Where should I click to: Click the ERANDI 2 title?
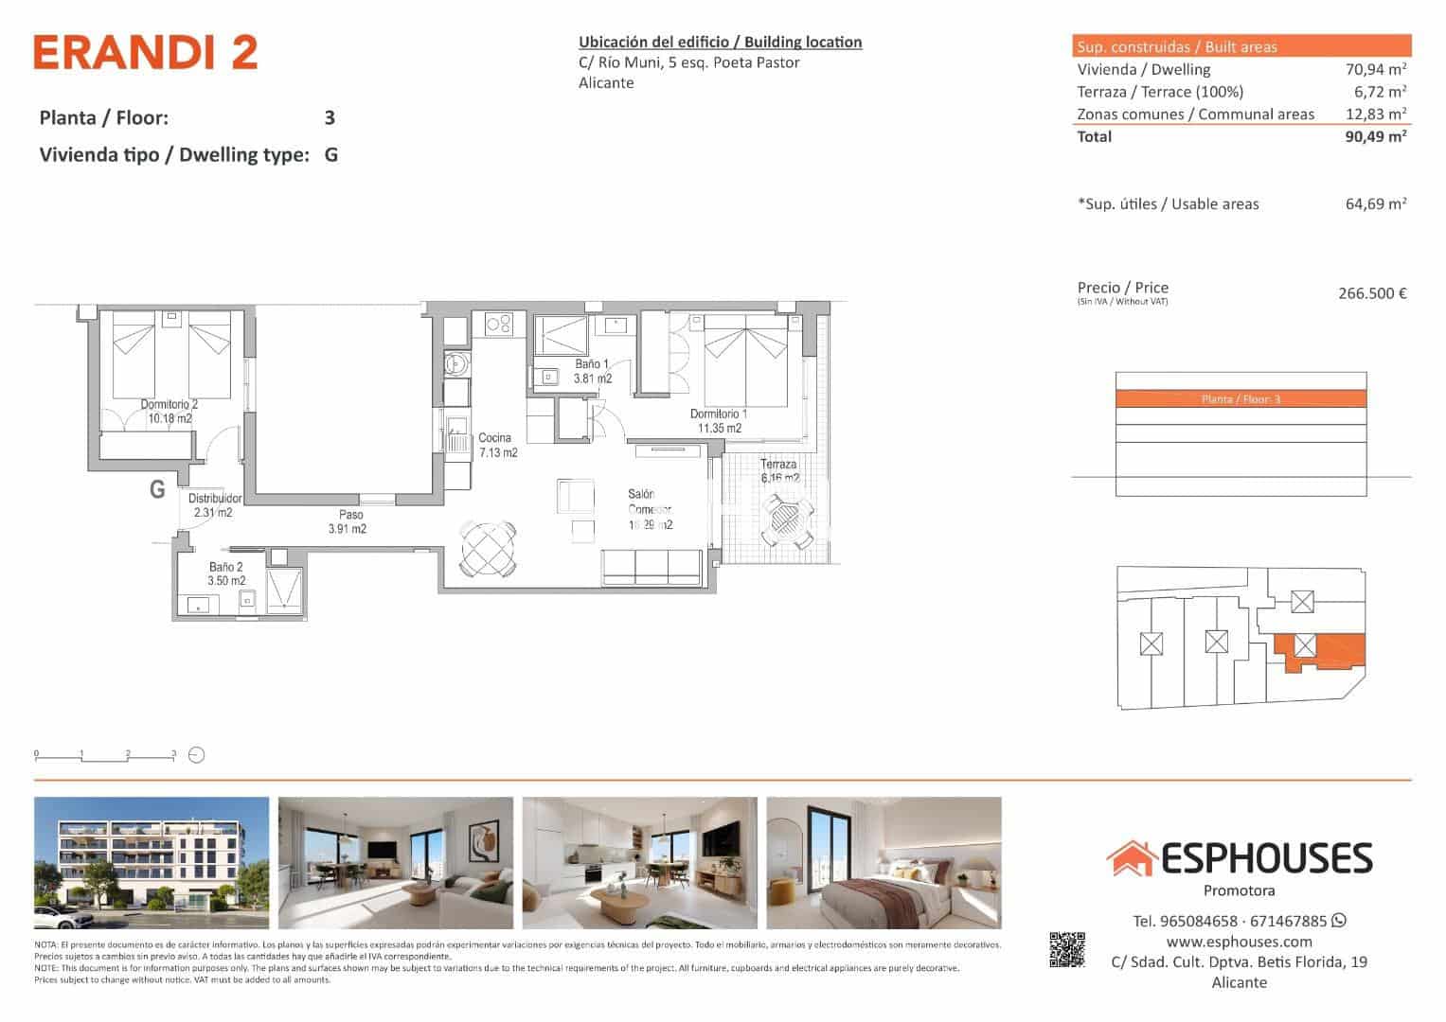coord(145,53)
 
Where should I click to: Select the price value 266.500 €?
coord(1371,293)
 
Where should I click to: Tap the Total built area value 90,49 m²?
coord(1375,136)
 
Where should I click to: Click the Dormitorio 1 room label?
coord(718,421)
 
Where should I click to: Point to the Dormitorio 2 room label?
coord(170,411)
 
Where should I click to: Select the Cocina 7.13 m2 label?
coord(496,445)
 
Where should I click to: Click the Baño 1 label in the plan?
coord(592,371)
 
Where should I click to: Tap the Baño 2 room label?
coord(226,574)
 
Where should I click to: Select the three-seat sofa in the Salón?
coord(652,566)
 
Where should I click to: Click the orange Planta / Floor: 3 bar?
coord(1241,399)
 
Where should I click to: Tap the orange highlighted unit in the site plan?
coord(1321,651)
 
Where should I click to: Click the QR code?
coord(1067,949)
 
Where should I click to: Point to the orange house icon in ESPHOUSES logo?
coord(1131,858)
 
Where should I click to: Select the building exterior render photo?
coord(152,862)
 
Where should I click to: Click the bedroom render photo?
coord(883,862)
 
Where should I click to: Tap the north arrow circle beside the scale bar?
coord(197,755)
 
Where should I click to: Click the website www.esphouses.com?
coord(1239,942)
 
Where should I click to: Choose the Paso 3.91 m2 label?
coord(347,522)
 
